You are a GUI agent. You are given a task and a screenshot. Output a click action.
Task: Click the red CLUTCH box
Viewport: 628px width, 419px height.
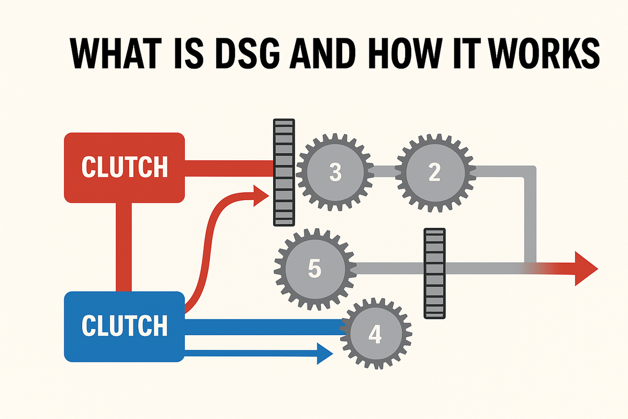coord(124,168)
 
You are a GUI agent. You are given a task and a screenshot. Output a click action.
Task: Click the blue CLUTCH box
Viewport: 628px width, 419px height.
coord(124,326)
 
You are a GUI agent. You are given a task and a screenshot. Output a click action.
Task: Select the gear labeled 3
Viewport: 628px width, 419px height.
coord(335,172)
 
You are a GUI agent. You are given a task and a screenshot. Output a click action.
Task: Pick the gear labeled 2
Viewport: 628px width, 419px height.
coord(434,172)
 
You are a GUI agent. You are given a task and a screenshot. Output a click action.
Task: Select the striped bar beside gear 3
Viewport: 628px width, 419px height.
coord(284,172)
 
